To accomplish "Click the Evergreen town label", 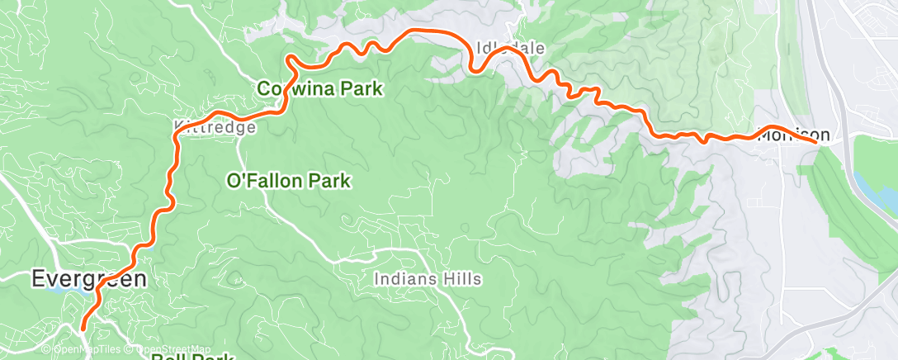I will coord(90,279).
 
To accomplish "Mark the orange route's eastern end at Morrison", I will coord(816,142).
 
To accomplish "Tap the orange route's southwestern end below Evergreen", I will coord(83,329).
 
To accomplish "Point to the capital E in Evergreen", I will coord(38,279).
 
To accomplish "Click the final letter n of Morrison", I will coord(825,135).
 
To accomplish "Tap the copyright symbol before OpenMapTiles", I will coord(46,350).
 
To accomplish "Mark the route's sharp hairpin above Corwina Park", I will coord(290,59).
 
